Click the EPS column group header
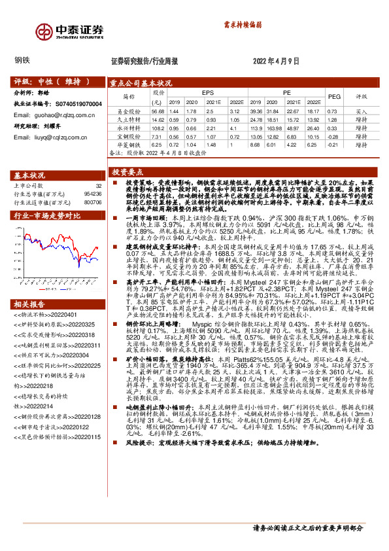coord(207,94)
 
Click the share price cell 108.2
coord(157,128)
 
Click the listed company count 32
coord(98,187)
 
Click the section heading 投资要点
coord(128,171)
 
